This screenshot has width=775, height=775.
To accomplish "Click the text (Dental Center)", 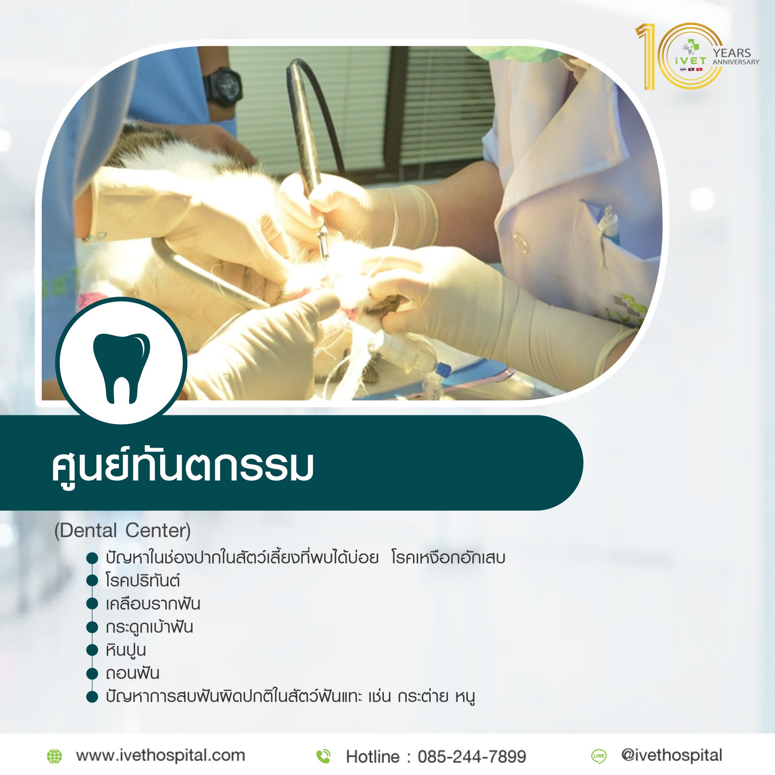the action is [x=122, y=530].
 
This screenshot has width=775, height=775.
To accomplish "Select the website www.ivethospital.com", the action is [x=161, y=755].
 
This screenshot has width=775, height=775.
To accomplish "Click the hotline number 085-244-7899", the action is [x=472, y=756].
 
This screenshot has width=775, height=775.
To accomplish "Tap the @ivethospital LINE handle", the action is [x=672, y=755].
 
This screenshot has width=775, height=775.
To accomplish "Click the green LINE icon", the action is [x=599, y=756].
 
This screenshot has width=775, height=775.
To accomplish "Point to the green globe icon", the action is [x=54, y=756].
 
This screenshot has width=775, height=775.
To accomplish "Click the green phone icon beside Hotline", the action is [x=323, y=756].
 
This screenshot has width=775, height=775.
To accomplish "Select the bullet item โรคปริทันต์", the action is [x=142, y=580].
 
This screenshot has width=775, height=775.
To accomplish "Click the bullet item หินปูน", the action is [x=126, y=650].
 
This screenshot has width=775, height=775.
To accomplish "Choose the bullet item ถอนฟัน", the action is [x=132, y=673].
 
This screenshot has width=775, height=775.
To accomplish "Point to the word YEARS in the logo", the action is [x=731, y=53].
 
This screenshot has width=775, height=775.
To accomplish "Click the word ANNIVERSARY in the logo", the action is [x=735, y=62].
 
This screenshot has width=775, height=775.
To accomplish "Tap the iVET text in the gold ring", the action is [x=691, y=61].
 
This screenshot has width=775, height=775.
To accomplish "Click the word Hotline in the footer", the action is [x=372, y=756].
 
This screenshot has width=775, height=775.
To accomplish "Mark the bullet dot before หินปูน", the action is [x=92, y=650].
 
